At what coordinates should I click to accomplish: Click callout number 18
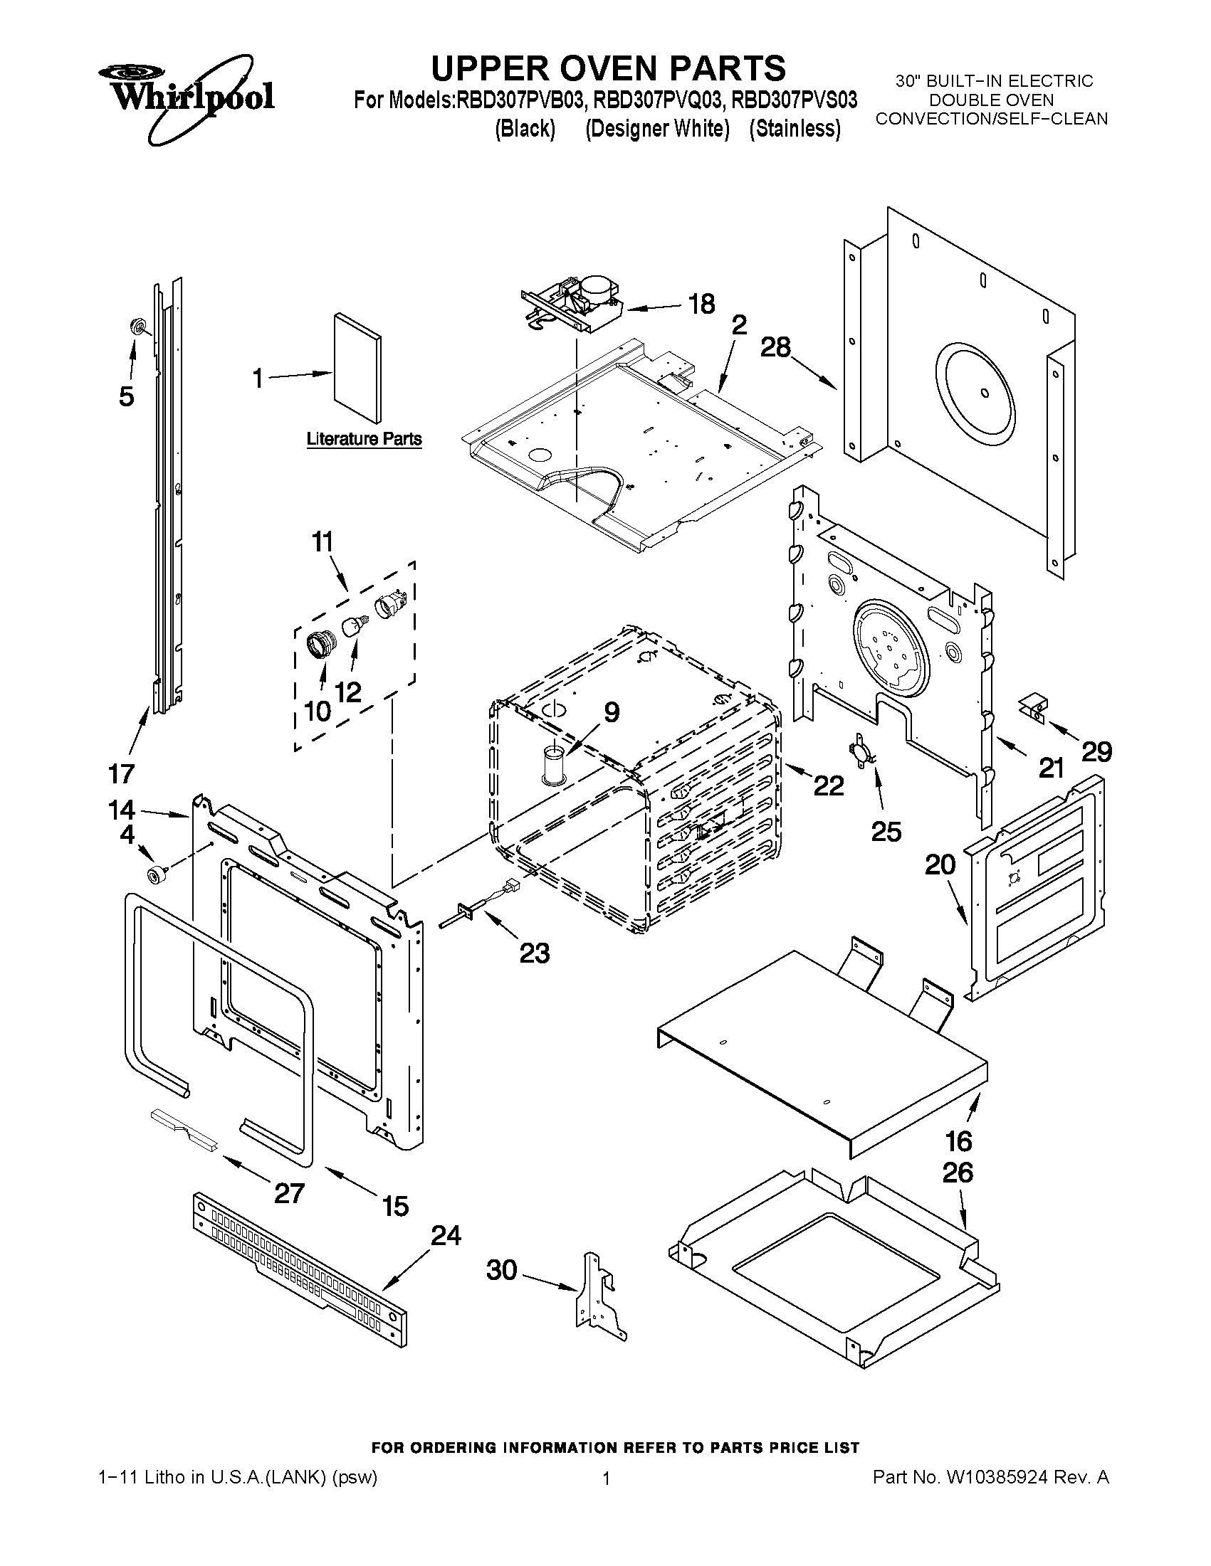[x=701, y=304]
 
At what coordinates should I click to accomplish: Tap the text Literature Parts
[x=364, y=438]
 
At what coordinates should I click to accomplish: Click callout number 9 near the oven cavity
[x=611, y=712]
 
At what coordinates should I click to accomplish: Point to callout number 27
[x=289, y=1193]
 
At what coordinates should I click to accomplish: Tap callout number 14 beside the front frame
[x=121, y=810]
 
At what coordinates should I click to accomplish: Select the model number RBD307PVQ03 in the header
[x=658, y=100]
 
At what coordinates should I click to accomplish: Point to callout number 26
[x=957, y=1173]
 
